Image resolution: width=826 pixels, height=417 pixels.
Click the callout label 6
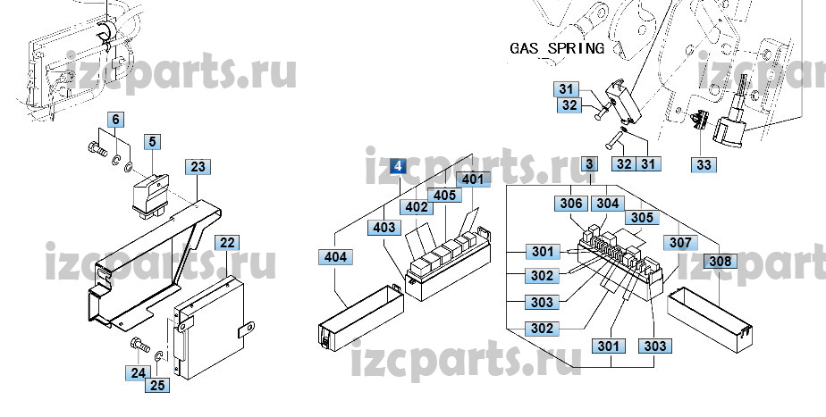pyautogui.click(x=116, y=119)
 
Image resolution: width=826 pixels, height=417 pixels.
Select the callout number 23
pyautogui.click(x=198, y=166)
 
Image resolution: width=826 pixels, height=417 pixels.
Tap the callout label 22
pyautogui.click(x=228, y=242)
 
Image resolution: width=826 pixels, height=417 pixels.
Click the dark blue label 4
pyautogui.click(x=398, y=166)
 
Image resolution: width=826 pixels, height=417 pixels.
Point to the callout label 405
pyautogui.click(x=444, y=195)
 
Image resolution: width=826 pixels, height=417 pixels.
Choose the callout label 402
pyautogui.click(x=416, y=207)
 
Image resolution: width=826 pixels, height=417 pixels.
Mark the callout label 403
pyautogui.click(x=383, y=228)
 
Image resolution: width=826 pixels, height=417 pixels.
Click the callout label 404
pyautogui.click(x=334, y=257)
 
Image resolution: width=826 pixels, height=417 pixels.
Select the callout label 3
pyautogui.click(x=589, y=163)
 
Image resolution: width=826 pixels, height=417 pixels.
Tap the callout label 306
pyautogui.click(x=572, y=204)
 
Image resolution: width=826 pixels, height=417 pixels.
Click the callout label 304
pyautogui.click(x=607, y=204)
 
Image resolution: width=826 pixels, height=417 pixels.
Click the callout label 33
pyautogui.click(x=704, y=163)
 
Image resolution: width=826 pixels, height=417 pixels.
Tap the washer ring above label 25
pyautogui.click(x=158, y=357)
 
